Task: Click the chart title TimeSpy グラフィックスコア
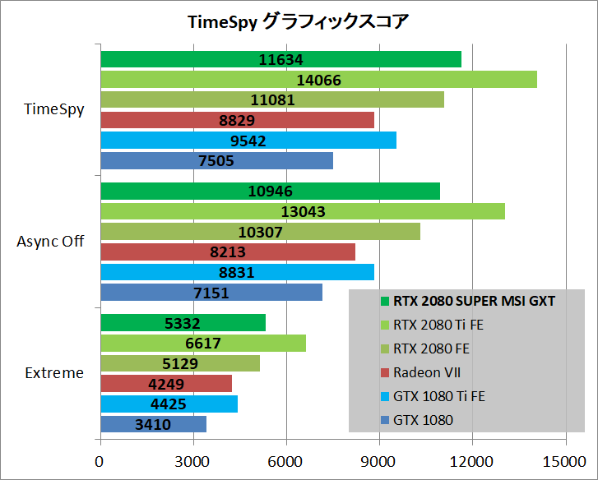[298, 22]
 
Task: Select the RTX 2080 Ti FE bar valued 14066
[318, 80]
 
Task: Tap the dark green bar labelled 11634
[280, 59]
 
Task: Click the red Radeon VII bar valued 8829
[237, 120]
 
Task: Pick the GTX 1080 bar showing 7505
[216, 161]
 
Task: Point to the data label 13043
[303, 211]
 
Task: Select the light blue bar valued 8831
[237, 272]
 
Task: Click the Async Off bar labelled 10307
[260, 232]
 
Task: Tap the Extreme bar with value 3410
[153, 424]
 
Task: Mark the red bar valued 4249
[166, 384]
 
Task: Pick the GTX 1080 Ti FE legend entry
[438, 396]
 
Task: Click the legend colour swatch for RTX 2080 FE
[385, 348]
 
